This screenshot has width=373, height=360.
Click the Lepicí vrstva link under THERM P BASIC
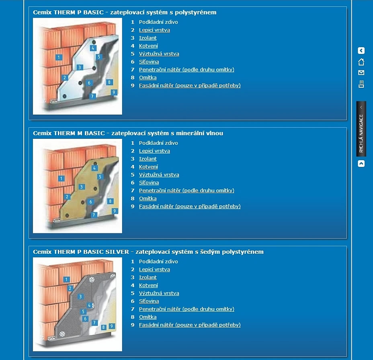pyautogui.click(x=154, y=30)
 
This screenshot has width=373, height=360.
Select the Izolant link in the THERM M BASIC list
pyautogui.click(x=148, y=159)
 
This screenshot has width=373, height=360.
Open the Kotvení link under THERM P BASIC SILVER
pyautogui.click(x=148, y=285)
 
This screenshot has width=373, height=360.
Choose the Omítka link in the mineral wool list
pyautogui.click(x=148, y=198)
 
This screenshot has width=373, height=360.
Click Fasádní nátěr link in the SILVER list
pyautogui.click(x=190, y=325)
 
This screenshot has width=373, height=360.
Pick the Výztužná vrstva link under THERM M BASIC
pyautogui.click(x=159, y=175)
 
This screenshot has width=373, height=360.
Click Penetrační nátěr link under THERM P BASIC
pyautogui.click(x=186, y=70)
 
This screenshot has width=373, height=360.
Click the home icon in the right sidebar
pyautogui.click(x=361, y=62)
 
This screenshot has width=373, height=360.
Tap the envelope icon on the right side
pyautogui.click(x=361, y=73)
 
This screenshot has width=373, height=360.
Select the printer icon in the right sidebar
pyautogui.click(x=361, y=84)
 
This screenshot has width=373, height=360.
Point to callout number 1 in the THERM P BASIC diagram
pyautogui.click(x=59, y=57)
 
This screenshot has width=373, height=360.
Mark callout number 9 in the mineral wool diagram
pyautogui.click(x=115, y=211)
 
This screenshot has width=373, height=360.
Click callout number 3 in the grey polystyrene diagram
pyautogui.click(x=80, y=296)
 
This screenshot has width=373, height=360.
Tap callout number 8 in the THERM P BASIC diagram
pyautogui.click(x=109, y=82)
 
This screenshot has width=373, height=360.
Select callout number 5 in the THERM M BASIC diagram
pyautogui.click(x=100, y=177)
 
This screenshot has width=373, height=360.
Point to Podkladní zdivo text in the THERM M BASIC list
pyautogui.click(x=158, y=143)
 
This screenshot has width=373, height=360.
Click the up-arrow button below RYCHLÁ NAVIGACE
pyautogui.click(x=361, y=164)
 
